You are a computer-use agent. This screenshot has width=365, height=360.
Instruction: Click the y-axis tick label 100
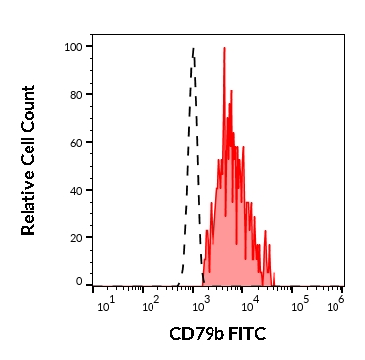point(74,47)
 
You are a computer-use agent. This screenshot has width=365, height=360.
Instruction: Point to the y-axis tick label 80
point(77,94)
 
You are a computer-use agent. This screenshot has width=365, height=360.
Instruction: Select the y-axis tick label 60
point(77,142)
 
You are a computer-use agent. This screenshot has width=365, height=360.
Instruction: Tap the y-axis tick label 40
point(77,190)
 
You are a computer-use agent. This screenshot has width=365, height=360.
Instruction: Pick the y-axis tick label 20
point(77,237)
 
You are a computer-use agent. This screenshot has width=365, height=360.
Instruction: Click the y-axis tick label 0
point(80,282)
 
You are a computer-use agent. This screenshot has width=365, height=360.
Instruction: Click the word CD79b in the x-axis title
point(197,334)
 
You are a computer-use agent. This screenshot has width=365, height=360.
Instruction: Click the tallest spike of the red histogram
point(224,48)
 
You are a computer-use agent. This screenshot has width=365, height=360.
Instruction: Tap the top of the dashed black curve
point(193,49)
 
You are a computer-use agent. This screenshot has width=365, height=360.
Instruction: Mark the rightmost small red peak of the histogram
point(274,273)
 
